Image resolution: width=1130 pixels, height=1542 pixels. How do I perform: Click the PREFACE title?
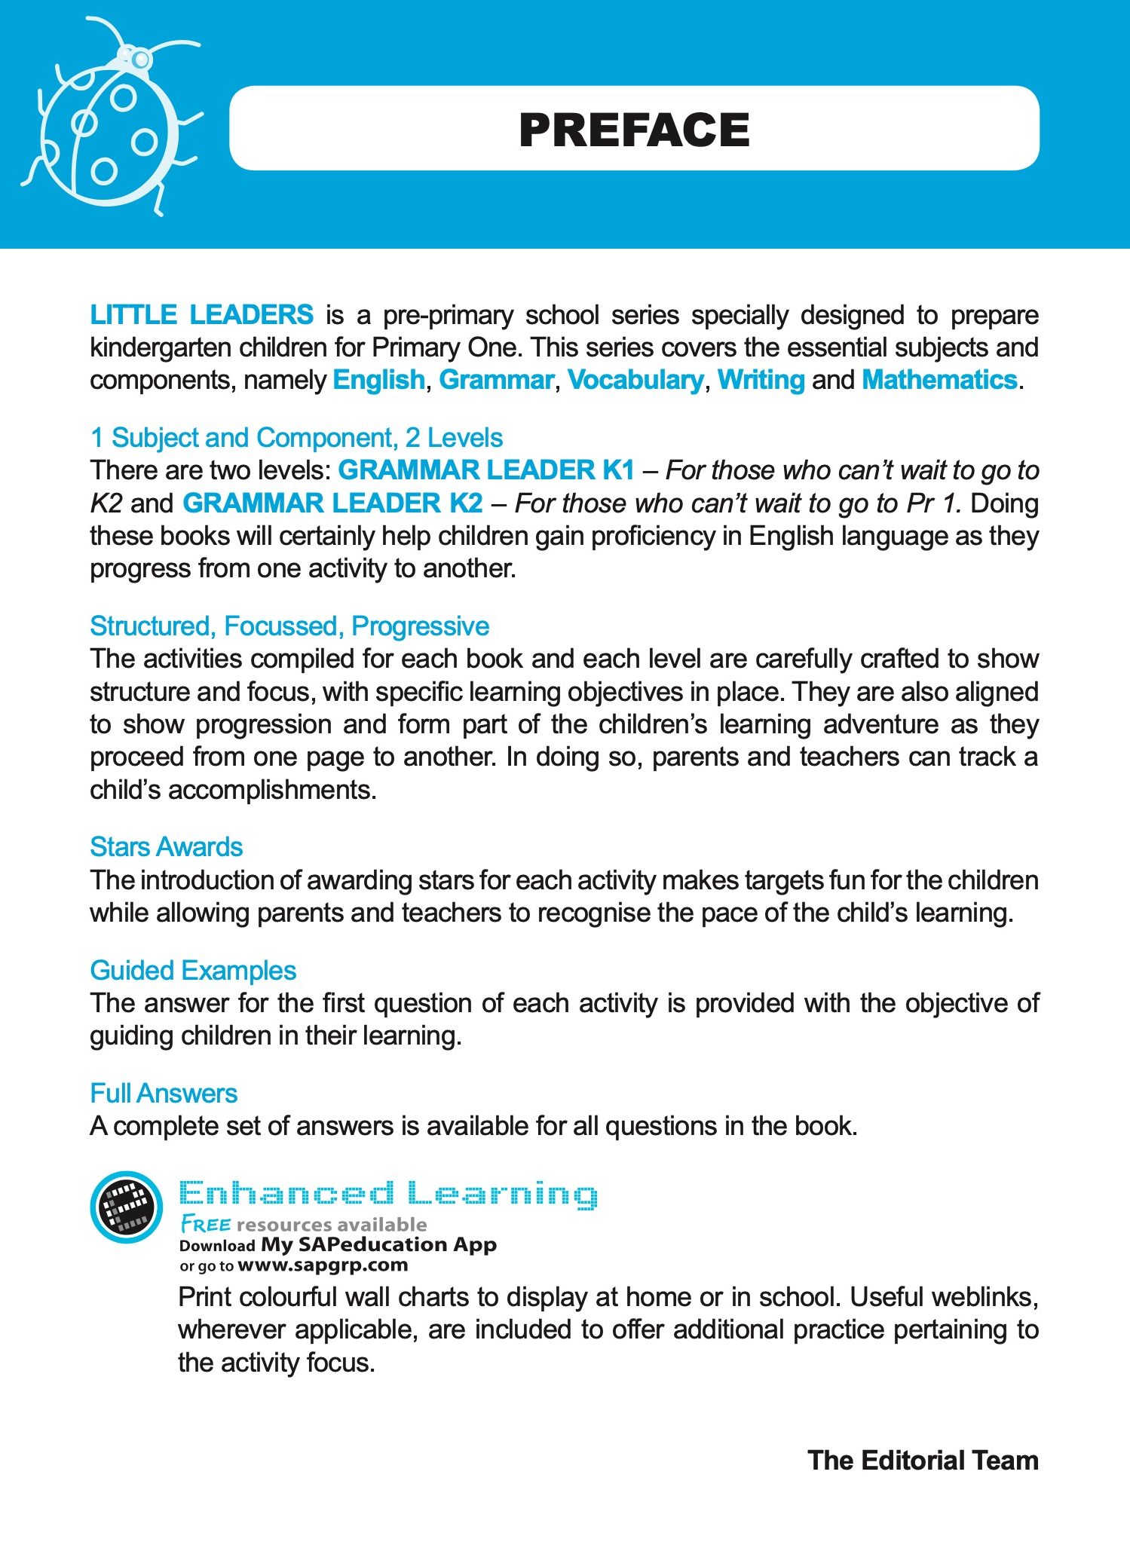tap(634, 130)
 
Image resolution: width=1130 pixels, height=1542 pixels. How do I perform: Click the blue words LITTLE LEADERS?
tap(201, 314)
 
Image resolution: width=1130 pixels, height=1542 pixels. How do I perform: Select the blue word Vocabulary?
tap(635, 380)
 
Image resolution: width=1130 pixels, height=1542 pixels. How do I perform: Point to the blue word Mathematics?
tap(939, 380)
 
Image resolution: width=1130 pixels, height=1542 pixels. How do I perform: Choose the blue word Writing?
tap(761, 380)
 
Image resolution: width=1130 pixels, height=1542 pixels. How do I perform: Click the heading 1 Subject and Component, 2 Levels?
tap(296, 438)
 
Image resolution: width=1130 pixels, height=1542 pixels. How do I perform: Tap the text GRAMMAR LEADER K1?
tap(486, 470)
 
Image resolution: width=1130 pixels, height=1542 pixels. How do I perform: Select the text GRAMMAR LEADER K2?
tap(332, 503)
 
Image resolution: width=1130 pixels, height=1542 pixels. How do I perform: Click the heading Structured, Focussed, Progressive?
tap(289, 626)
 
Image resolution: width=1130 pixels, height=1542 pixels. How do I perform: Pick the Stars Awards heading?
tap(167, 847)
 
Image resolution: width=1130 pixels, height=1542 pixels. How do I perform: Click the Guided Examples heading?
tap(193, 971)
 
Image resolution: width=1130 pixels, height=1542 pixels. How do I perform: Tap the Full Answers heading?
tap(164, 1094)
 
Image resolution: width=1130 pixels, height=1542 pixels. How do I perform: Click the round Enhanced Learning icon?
tap(126, 1207)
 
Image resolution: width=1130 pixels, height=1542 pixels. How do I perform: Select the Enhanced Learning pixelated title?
tap(388, 1195)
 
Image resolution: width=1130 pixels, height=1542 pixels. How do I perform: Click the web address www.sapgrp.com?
tap(323, 1265)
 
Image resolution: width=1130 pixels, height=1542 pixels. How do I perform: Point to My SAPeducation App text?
tap(378, 1244)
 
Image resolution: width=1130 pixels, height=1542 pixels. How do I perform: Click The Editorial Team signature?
tap(923, 1461)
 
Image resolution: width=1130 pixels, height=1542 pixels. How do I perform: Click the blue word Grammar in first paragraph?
tap(496, 380)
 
